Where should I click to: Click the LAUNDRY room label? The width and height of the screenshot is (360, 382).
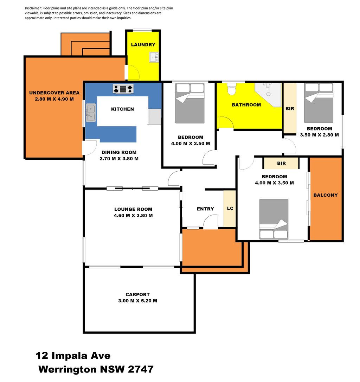point(143,45)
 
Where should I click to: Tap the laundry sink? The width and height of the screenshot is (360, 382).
point(154,57)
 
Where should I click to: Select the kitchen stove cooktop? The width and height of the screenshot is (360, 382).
point(123,89)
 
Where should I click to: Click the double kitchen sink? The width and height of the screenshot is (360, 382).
point(91,113)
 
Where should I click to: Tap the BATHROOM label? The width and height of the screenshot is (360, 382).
point(246,105)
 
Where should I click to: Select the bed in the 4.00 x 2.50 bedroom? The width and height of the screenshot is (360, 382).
point(190,103)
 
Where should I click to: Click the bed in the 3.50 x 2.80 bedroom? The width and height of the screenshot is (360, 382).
point(319,103)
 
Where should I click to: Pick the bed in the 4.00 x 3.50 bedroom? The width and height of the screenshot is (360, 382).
point(274,219)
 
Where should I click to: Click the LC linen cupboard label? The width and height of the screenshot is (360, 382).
point(230,209)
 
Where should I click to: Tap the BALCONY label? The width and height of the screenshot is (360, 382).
point(326,195)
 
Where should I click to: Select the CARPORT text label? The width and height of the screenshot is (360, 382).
point(137,294)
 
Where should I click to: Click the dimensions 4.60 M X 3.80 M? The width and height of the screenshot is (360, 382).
point(133,216)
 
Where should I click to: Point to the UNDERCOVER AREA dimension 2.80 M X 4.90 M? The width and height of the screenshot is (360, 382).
point(54,99)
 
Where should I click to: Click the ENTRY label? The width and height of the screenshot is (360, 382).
point(205,209)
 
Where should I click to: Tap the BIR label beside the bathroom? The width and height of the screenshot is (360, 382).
point(290,109)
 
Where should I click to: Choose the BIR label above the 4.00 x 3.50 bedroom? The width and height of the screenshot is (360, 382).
point(281,164)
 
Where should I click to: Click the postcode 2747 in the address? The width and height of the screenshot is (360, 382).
point(141,369)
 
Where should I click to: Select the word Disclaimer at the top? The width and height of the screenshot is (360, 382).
point(33,8)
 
